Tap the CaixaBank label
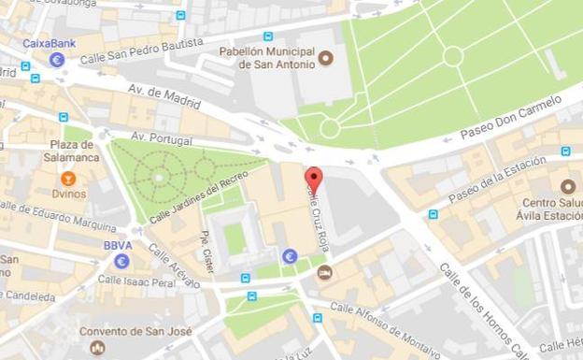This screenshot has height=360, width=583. (x=50, y=44)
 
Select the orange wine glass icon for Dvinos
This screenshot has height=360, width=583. (x=67, y=178)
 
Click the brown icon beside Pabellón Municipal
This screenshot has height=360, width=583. (x=326, y=59)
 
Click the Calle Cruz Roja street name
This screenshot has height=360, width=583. (x=319, y=213)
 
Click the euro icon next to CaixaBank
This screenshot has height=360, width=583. (x=57, y=60)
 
